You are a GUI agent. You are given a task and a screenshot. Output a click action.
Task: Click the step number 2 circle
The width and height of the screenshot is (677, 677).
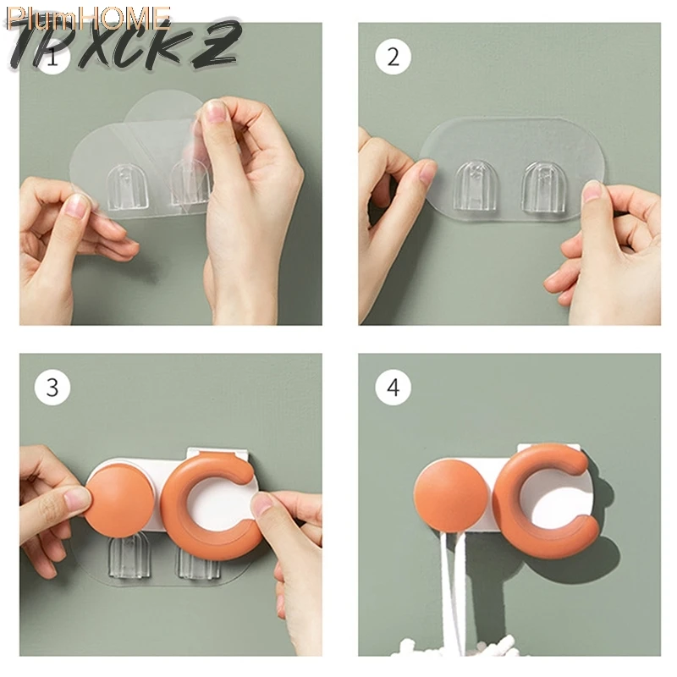tap(392, 57)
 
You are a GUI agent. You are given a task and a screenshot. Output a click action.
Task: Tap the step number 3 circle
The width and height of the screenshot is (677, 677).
tap(52, 388)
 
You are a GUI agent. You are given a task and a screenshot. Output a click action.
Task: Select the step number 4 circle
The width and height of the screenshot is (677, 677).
tap(392, 388)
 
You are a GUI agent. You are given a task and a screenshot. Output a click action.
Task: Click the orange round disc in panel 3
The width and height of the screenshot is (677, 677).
tap(120, 499)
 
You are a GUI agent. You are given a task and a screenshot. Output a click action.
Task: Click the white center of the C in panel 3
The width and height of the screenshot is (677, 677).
tap(222, 504)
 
